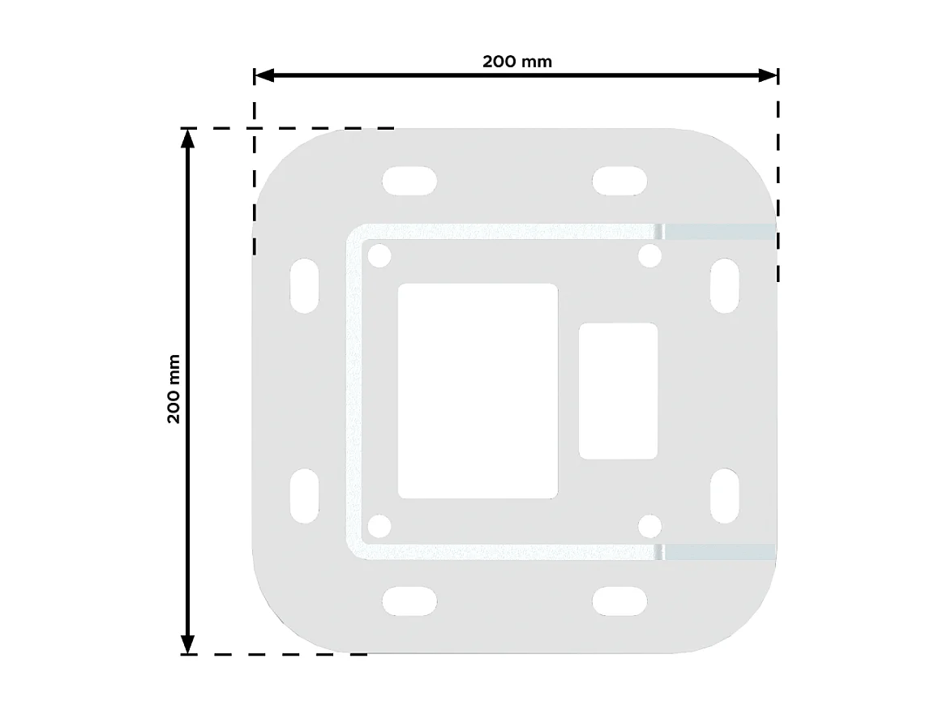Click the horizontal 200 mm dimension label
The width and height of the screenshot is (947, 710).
click(x=516, y=62)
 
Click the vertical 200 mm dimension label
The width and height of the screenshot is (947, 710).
click(x=173, y=389)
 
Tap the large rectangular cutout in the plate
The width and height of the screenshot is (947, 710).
click(x=478, y=391)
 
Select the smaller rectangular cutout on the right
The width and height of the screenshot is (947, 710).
click(x=618, y=391)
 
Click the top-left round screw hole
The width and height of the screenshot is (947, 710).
click(x=379, y=257)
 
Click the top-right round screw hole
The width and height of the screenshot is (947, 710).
click(x=649, y=257)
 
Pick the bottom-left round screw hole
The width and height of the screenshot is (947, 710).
click(x=379, y=526)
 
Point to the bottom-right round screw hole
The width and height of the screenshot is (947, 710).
click(x=649, y=526)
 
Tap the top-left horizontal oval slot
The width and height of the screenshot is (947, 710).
click(x=409, y=180)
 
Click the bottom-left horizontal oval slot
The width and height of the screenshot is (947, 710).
click(x=409, y=602)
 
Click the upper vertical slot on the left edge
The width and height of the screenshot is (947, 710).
click(x=304, y=285)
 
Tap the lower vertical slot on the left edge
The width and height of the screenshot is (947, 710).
click(x=304, y=495)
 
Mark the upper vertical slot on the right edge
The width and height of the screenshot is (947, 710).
click(x=725, y=285)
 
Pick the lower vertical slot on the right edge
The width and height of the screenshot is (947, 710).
click(x=725, y=495)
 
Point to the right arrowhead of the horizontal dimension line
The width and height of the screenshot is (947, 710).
click(x=769, y=75)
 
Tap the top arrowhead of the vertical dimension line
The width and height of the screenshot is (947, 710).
click(x=188, y=138)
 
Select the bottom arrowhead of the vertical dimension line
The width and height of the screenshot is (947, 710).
click(x=188, y=644)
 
